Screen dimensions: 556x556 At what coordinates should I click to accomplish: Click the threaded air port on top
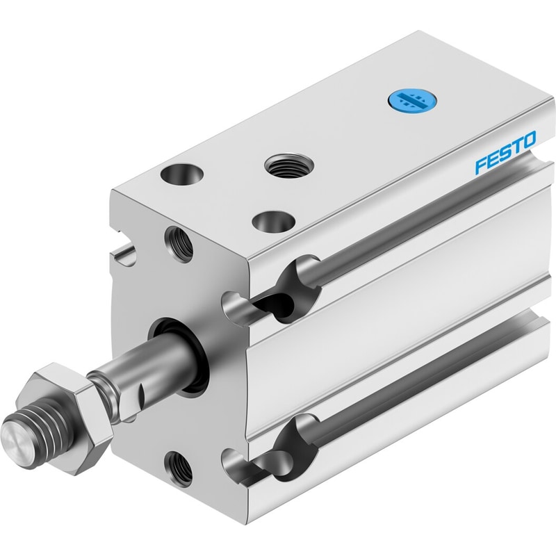coord(289,165)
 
